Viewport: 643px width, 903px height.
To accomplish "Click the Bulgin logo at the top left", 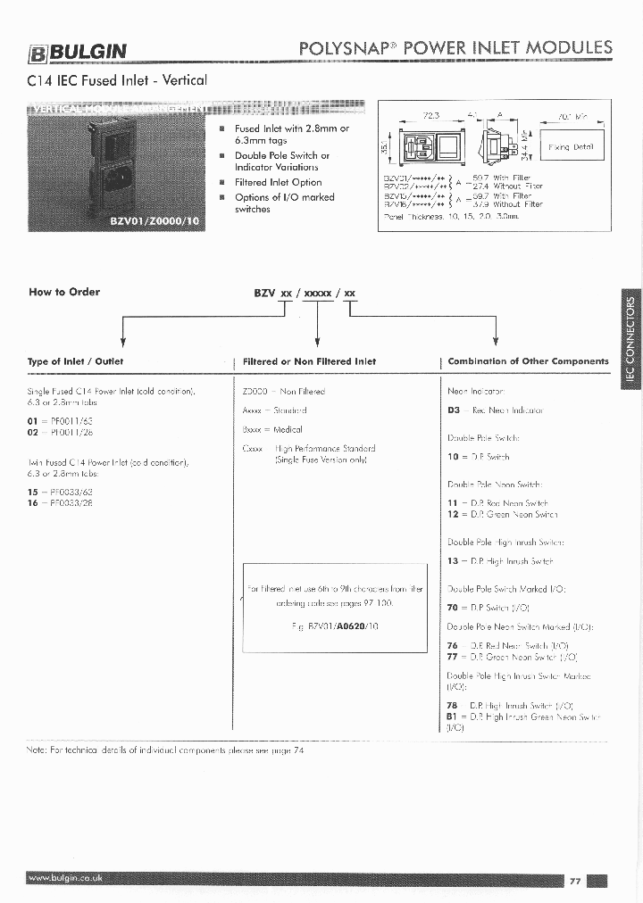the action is tap(79, 52).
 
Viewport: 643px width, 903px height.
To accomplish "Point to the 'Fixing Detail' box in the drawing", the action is tap(571, 147).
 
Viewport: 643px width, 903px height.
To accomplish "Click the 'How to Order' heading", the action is tap(64, 292).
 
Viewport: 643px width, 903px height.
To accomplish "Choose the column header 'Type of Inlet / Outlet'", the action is tap(76, 361).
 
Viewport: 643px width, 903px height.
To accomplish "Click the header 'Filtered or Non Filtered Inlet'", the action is tap(309, 361).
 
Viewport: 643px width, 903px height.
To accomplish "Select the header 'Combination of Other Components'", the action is tap(528, 361).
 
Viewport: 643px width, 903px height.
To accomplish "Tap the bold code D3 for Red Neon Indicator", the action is tap(454, 410).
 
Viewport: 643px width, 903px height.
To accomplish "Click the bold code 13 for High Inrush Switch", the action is tap(453, 561).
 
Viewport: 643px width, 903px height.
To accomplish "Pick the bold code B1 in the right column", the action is tap(453, 717).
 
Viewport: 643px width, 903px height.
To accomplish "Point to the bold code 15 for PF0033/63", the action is tap(33, 492).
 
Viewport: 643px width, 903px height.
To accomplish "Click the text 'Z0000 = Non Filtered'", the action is tap(284, 392).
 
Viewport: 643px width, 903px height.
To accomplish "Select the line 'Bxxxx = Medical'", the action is tap(272, 429).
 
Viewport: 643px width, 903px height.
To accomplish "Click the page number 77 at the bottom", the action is tap(575, 881).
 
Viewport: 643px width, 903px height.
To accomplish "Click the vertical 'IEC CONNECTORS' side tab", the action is tap(630, 338).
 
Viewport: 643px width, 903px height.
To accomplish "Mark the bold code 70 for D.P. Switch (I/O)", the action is tap(453, 607).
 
